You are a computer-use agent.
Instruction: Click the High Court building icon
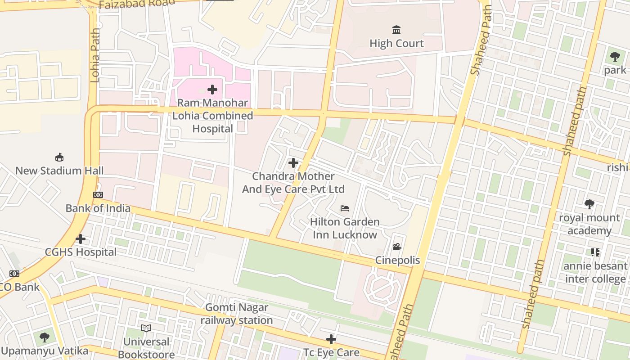click(396, 30)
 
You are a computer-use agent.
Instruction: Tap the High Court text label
click(396, 44)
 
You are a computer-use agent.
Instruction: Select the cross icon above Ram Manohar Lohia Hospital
click(212, 90)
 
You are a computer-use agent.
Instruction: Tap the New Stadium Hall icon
click(59, 157)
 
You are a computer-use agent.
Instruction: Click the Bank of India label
click(98, 208)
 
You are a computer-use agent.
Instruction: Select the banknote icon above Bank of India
click(98, 195)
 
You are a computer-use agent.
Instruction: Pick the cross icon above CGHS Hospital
click(81, 238)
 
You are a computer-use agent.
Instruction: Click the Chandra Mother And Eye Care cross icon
click(293, 162)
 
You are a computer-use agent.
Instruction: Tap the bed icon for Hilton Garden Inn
click(345, 208)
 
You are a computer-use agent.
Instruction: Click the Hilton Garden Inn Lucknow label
click(345, 228)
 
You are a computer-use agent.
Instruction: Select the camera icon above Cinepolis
click(397, 247)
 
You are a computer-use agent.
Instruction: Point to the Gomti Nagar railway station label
click(237, 314)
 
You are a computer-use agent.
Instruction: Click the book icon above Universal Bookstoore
click(146, 328)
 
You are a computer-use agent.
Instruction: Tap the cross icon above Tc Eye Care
click(331, 339)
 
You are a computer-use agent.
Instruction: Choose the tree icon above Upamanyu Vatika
click(44, 337)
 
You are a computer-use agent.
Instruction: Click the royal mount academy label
click(589, 224)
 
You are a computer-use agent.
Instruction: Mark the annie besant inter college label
click(595, 272)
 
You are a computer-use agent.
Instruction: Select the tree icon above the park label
click(615, 57)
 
